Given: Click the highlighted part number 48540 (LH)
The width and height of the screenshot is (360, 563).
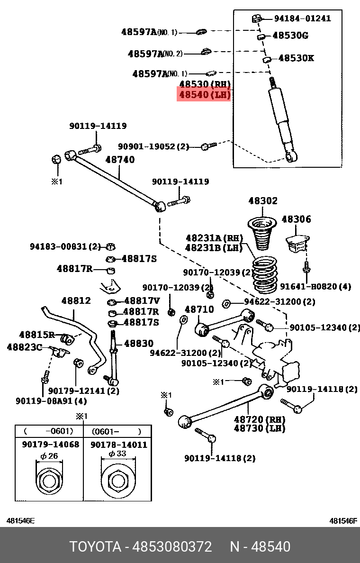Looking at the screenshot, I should click(204, 95).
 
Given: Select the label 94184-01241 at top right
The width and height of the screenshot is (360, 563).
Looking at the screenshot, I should click(302, 18).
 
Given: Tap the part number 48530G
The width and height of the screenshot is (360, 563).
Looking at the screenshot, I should click(290, 36).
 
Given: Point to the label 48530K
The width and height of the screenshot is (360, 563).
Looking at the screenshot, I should click(296, 58).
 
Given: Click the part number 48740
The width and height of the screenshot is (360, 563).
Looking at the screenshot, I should click(120, 160).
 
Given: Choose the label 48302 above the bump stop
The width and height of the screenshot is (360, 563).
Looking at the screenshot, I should click(263, 201).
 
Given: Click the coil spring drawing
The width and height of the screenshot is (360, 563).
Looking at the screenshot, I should click(265, 275).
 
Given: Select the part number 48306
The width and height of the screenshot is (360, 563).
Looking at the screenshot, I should click(296, 219).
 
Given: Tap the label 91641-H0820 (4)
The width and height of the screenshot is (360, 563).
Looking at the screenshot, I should click(315, 287).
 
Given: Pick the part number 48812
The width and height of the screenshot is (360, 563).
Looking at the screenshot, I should click(76, 300).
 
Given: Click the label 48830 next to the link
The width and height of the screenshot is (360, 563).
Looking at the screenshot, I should click(138, 344).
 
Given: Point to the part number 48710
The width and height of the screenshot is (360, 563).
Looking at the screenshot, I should click(199, 309).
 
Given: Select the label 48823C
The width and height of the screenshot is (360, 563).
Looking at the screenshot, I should click(24, 347).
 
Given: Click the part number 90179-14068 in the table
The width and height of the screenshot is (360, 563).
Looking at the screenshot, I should click(51, 445).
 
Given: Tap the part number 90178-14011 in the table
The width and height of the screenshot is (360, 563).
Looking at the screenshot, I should click(119, 445).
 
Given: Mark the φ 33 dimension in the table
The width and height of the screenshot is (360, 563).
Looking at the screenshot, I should click(118, 454).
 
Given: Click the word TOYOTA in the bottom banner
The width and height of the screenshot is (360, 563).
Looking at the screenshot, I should click(95, 546).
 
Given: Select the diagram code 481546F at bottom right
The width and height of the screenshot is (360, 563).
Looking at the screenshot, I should click(343, 521).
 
